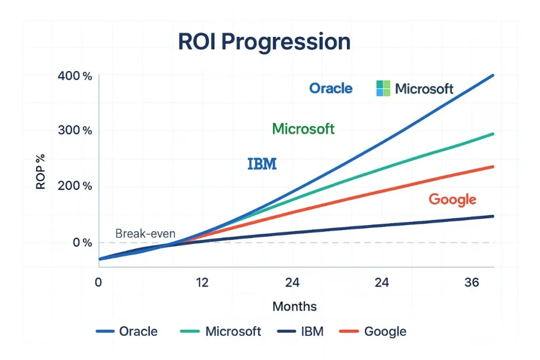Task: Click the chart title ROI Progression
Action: coord(264,42)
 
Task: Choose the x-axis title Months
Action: coord(295,306)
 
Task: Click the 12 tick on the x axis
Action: coord(202,283)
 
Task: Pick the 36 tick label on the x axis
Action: coord(471,283)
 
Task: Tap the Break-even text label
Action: coord(145,233)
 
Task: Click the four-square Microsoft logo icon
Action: coord(383,88)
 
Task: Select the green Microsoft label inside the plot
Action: coord(303,129)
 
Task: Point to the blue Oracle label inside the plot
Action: coord(331,88)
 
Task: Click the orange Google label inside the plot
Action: coord(452,199)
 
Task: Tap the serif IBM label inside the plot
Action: coord(262,164)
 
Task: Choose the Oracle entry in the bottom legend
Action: coord(138,331)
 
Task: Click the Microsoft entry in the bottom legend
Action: coord(233,331)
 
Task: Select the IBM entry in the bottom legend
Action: coord(312,331)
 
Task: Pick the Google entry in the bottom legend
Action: coord(385,331)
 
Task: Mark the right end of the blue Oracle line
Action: coord(493,75)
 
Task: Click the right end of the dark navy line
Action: coord(493,216)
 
